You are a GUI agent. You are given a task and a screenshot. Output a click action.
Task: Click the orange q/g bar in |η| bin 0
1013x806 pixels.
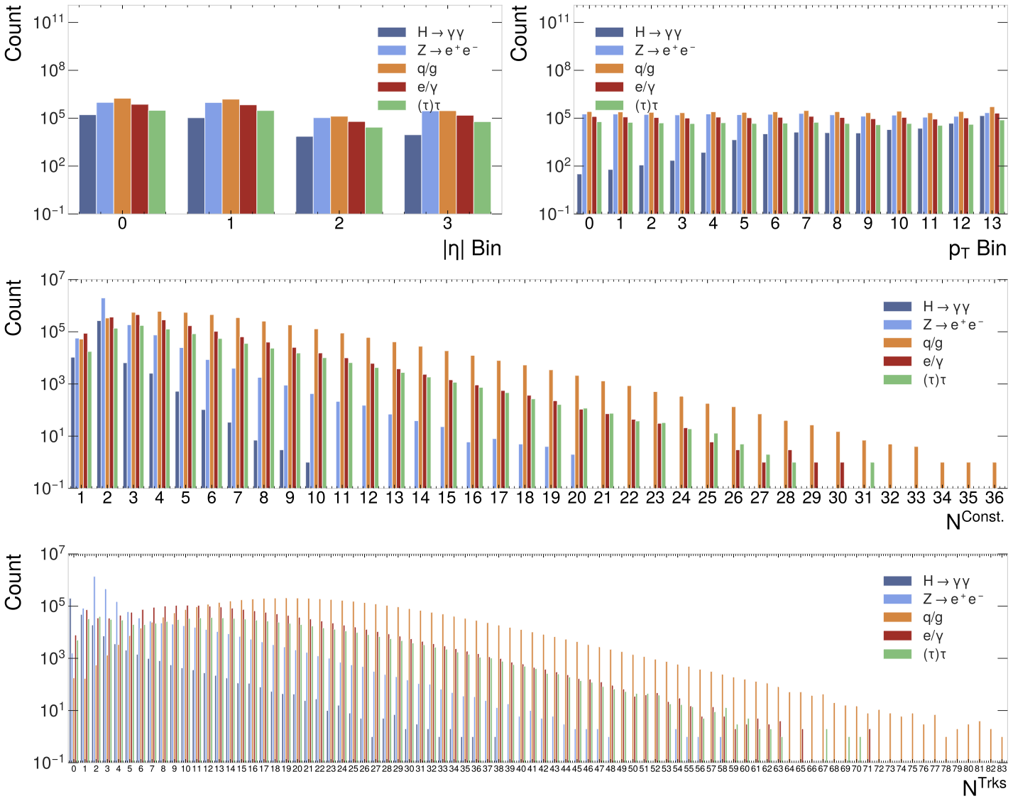pyautogui.click(x=122, y=156)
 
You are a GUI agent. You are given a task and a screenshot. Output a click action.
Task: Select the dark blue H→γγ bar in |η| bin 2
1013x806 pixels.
pyautogui.click(x=305, y=175)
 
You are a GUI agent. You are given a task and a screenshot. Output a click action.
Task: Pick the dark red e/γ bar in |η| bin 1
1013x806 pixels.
pyautogui.click(x=248, y=159)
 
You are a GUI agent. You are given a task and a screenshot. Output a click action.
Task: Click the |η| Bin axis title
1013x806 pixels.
pyautogui.click(x=471, y=249)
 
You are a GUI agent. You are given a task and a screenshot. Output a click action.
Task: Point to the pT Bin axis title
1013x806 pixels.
pyautogui.click(x=977, y=249)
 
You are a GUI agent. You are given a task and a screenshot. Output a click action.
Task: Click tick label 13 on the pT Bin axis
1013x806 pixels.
pyautogui.click(x=992, y=224)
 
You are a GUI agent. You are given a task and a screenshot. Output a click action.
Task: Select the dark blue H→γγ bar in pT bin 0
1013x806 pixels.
pyautogui.click(x=579, y=194)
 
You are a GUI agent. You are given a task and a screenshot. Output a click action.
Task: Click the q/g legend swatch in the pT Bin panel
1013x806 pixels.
pyautogui.click(x=609, y=69)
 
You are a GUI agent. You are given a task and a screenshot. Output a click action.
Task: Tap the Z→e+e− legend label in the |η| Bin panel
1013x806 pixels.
pyautogui.click(x=447, y=50)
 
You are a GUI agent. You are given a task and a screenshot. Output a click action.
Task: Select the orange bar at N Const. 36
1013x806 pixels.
pyautogui.click(x=995, y=475)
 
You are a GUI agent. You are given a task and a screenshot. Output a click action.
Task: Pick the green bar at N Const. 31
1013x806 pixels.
pyautogui.click(x=872, y=475)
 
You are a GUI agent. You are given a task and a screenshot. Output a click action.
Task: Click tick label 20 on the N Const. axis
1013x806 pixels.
pyautogui.click(x=576, y=499)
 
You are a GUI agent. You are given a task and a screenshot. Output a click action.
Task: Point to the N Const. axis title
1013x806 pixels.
pyautogui.click(x=975, y=521)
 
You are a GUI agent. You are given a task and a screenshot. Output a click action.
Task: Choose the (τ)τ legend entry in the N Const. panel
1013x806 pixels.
pyautogui.click(x=934, y=380)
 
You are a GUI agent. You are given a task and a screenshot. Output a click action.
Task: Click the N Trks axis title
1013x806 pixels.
pyautogui.click(x=983, y=786)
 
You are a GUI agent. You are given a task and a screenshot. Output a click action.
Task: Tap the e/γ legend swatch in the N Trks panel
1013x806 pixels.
pyautogui.click(x=897, y=636)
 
